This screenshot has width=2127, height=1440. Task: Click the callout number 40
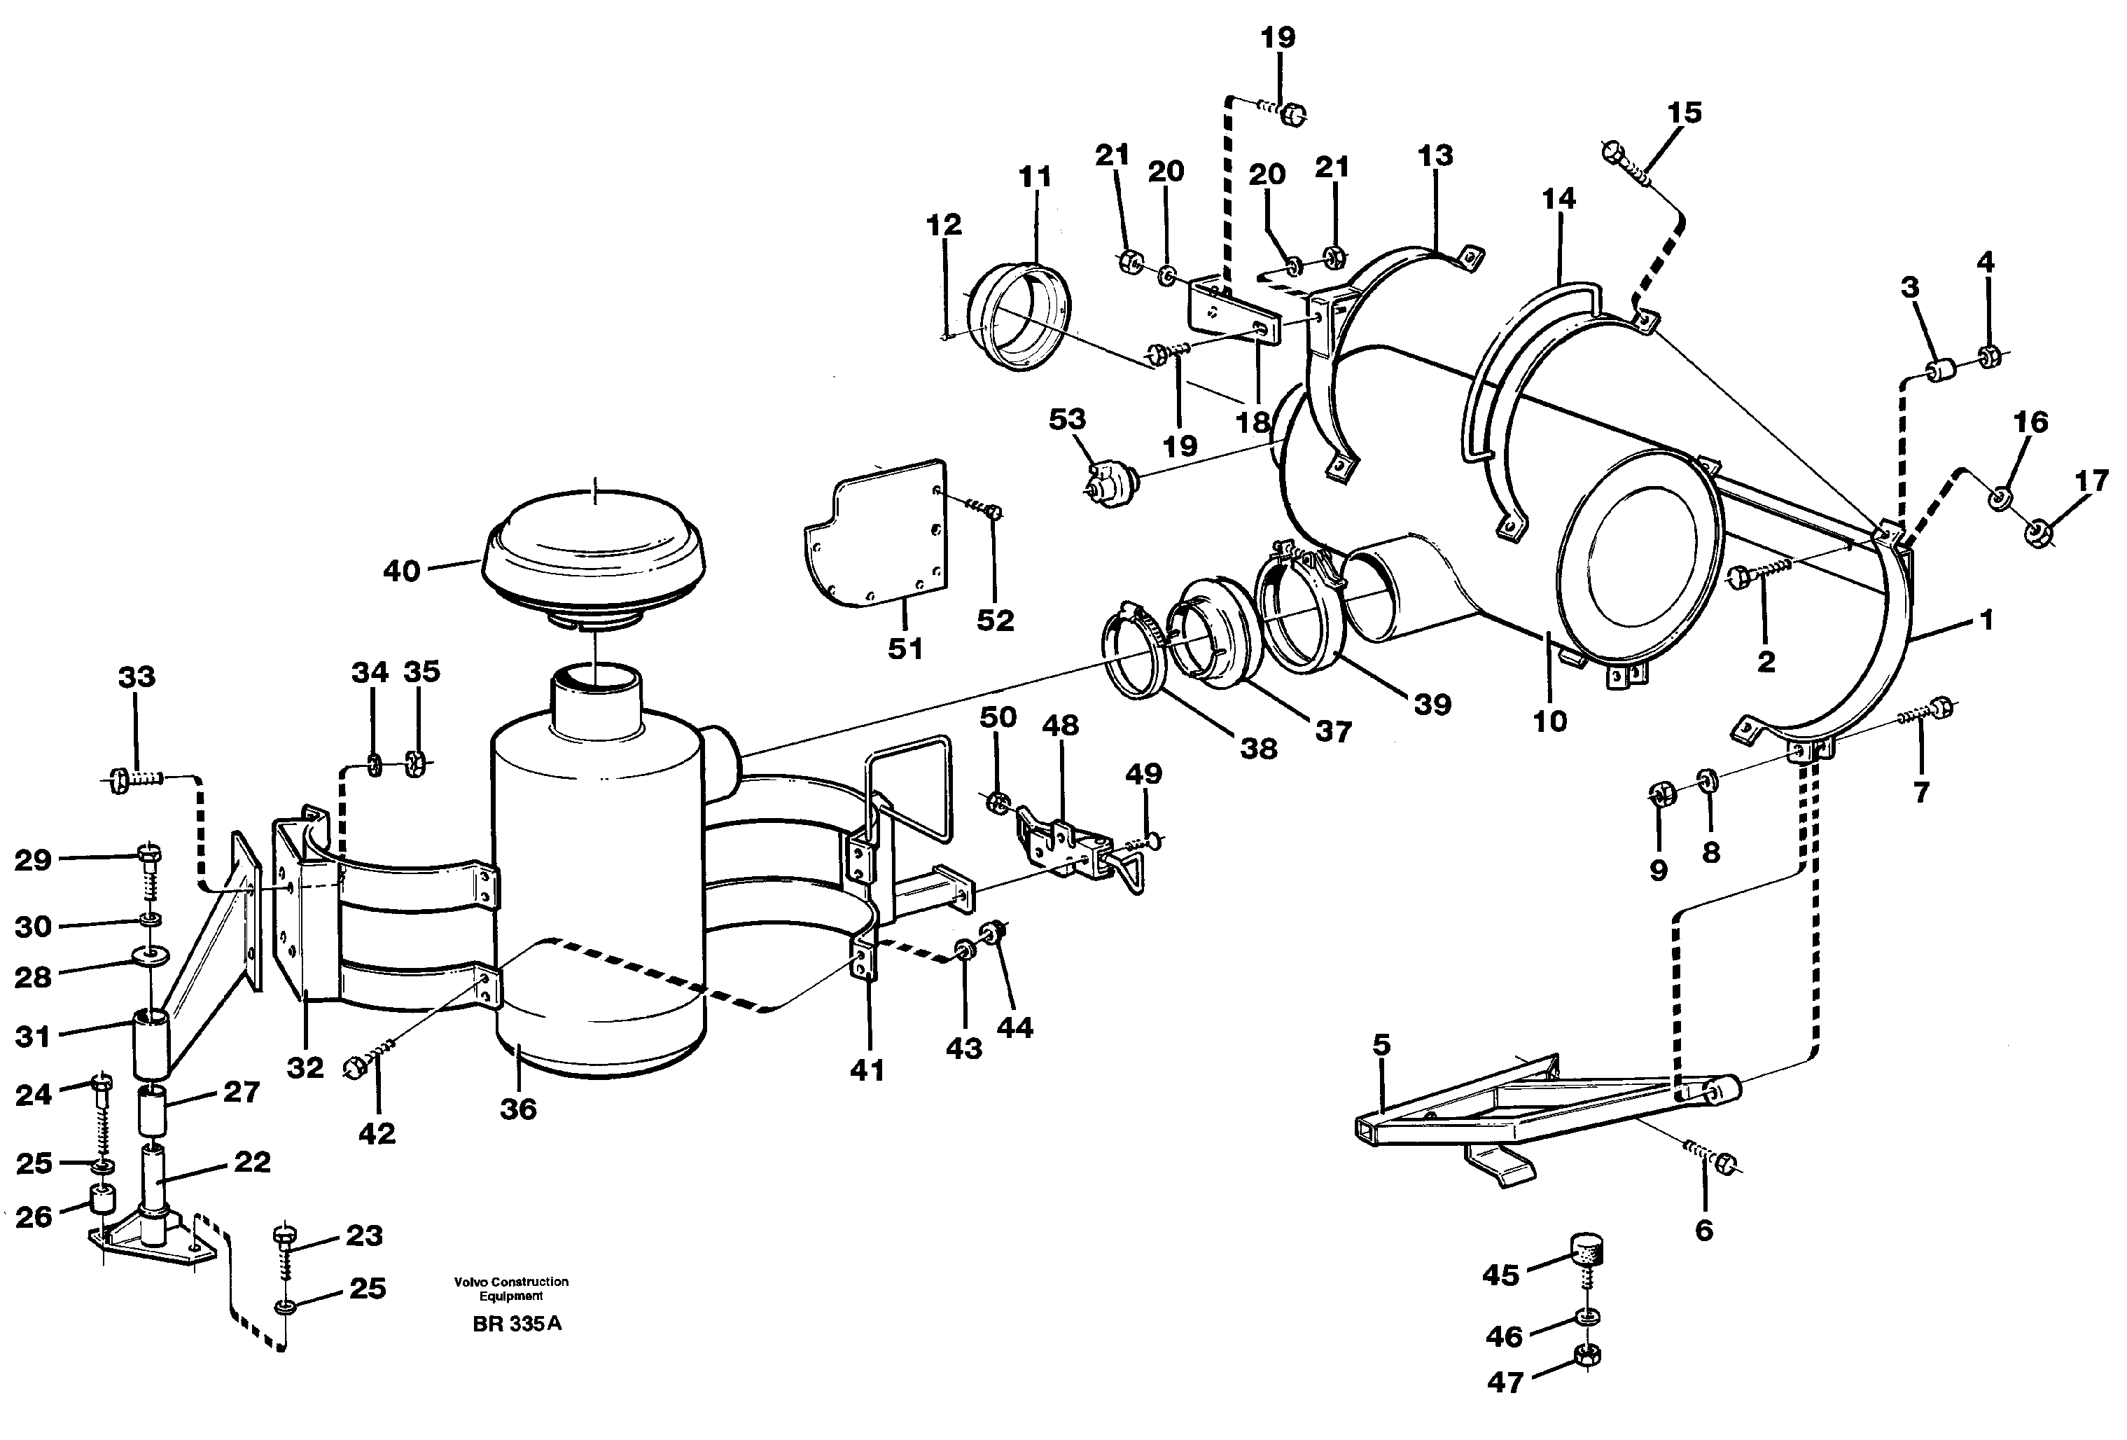[401, 572]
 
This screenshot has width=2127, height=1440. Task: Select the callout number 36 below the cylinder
[518, 1109]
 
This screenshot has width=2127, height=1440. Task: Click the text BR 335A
[517, 1324]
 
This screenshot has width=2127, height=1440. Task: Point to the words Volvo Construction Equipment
[510, 1288]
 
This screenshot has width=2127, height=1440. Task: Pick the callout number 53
[1067, 420]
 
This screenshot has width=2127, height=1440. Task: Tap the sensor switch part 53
[1109, 480]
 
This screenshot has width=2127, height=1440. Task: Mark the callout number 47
[1505, 1383]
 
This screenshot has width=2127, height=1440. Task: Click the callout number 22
[253, 1162]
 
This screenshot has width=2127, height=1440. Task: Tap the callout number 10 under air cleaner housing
[1550, 721]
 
